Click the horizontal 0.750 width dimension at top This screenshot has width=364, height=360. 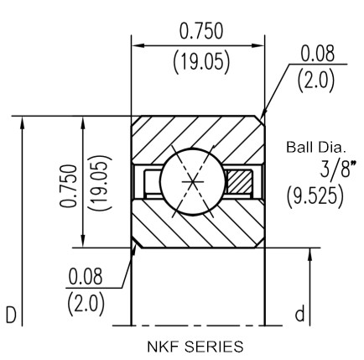tap(201, 31)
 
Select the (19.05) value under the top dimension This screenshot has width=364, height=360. tap(201, 62)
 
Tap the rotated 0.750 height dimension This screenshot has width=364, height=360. tap(68, 185)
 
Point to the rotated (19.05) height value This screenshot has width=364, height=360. tap(100, 183)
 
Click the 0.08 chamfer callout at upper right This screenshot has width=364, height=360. tap(317, 54)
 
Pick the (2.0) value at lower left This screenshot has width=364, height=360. tap(86, 304)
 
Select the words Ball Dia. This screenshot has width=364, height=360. tap(316, 148)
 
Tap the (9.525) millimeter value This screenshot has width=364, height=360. tap(315, 195)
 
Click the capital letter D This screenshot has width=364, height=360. tap(11, 315)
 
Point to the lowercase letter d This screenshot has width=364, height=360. tap(299, 314)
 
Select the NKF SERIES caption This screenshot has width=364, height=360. tap(195, 347)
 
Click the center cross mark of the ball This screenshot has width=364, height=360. tap(193, 182)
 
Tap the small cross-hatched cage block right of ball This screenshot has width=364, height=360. tap(239, 182)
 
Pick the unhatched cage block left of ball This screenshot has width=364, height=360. tap(153, 182)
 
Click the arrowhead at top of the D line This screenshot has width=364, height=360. tap(23, 123)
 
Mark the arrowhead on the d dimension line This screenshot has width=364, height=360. tap(310, 255)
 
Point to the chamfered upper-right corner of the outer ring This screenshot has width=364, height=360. tap(260, 119)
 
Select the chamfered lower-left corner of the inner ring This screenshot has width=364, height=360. tap(137, 243)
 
